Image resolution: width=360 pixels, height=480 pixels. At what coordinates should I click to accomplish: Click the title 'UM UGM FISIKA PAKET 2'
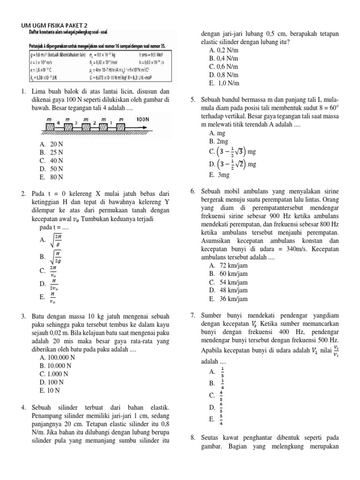(x=54, y=25)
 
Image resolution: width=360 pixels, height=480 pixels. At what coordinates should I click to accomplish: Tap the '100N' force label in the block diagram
(x=142, y=120)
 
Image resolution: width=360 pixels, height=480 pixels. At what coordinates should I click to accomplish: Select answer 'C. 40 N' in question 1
(x=52, y=160)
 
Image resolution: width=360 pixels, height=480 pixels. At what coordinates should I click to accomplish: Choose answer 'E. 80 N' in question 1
(x=52, y=177)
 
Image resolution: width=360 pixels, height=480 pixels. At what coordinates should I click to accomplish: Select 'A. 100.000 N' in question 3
(x=58, y=357)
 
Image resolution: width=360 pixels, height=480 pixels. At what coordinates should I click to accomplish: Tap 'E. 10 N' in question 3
(x=50, y=390)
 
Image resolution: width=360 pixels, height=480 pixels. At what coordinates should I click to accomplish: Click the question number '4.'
(x=23, y=407)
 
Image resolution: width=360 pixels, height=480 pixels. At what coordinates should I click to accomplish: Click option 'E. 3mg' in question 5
(x=219, y=175)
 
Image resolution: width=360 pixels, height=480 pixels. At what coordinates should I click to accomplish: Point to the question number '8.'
(x=193, y=438)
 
